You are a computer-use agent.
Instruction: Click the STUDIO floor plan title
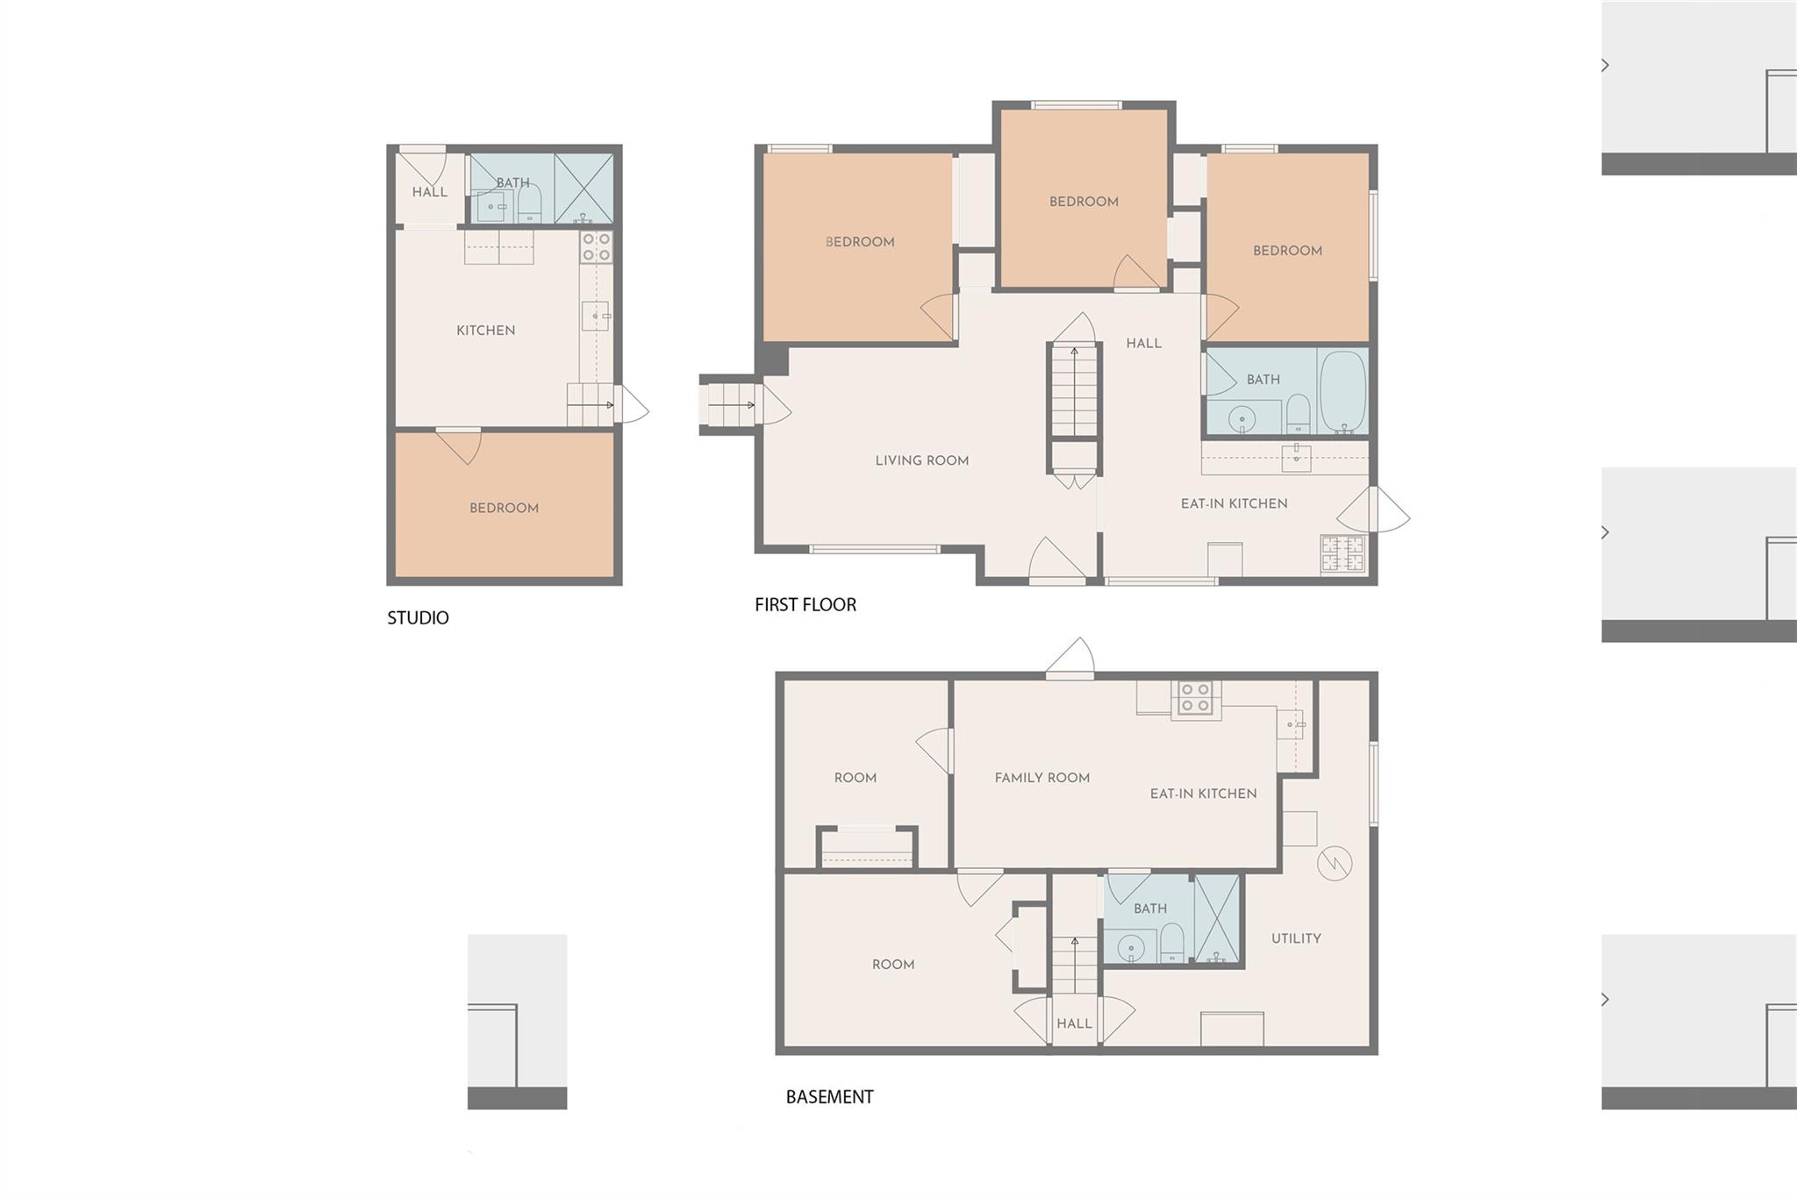[x=418, y=617]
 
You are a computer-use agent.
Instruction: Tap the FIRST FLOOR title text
[x=805, y=604]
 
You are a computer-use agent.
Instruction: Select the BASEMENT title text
[x=829, y=1096]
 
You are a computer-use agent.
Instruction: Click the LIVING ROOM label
[x=922, y=460]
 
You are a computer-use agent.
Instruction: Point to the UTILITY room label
[x=1296, y=938]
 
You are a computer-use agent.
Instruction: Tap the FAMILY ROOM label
[x=1042, y=778]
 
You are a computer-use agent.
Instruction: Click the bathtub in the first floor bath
[x=1342, y=390]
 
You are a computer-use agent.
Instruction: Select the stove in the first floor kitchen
[x=1343, y=554]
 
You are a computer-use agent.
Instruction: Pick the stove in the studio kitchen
[x=596, y=246]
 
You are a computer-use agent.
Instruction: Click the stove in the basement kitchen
[x=1196, y=698]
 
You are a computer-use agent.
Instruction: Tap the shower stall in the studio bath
[x=583, y=188]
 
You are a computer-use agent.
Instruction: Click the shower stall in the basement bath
[x=1217, y=919]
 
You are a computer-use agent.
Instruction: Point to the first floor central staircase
[x=1075, y=391]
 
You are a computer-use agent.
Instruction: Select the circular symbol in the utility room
[x=1335, y=864]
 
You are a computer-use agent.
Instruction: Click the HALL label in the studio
[x=430, y=192]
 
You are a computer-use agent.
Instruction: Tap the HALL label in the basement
[x=1074, y=1023]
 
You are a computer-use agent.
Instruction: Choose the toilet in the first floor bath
[x=1298, y=413]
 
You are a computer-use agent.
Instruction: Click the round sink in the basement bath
[x=1131, y=948]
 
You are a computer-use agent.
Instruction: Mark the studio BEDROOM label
[x=504, y=508]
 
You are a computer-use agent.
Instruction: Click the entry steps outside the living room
[x=730, y=405]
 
